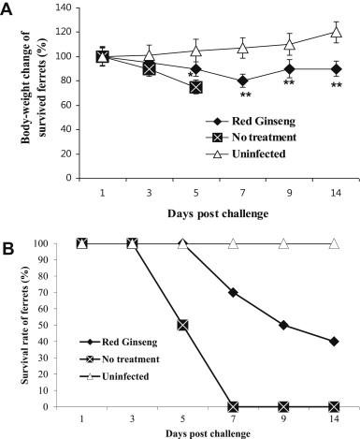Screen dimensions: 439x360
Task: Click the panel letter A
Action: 9,9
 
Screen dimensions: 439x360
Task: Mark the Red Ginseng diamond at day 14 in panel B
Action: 334,342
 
